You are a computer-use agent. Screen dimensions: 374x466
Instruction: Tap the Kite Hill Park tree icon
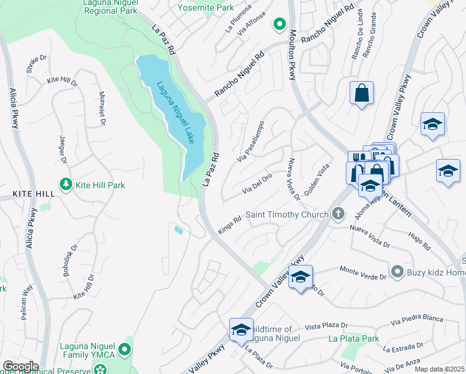(x=64, y=185)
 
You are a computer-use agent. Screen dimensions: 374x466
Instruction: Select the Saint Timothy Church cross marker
(x=338, y=214)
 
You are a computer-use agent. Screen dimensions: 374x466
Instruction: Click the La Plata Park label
(x=353, y=339)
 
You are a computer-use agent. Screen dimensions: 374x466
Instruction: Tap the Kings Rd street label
(x=229, y=226)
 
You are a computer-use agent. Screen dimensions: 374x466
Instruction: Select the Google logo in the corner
(x=20, y=367)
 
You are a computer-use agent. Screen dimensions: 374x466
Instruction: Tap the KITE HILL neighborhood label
(x=20, y=194)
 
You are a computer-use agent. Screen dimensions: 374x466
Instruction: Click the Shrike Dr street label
(x=37, y=64)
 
